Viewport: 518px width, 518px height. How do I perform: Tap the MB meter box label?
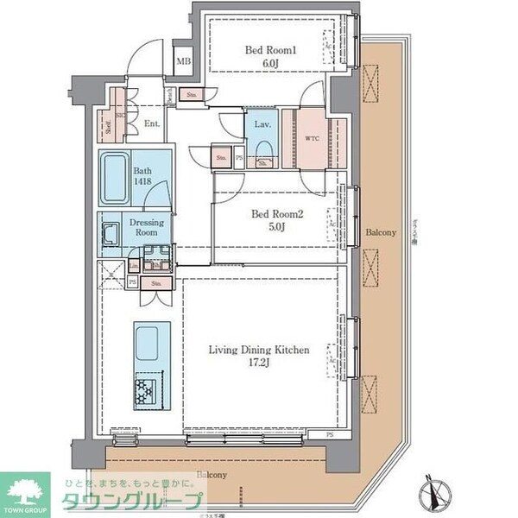coord(183,61)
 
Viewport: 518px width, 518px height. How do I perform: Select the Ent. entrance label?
coord(152,124)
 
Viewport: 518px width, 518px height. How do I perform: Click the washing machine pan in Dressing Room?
coord(111,234)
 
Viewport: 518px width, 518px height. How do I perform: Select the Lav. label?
coord(262,125)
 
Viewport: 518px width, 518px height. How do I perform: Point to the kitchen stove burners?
coord(147,391)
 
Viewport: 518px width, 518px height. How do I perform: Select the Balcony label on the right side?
coord(380,233)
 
